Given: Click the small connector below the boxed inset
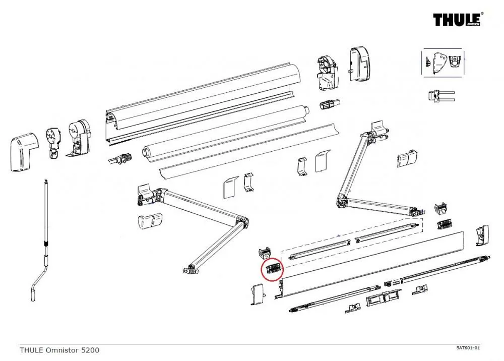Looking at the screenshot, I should [x=439, y=95].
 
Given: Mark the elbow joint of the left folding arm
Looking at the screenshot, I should [x=241, y=221].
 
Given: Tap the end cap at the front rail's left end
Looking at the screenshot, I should [x=258, y=294].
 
